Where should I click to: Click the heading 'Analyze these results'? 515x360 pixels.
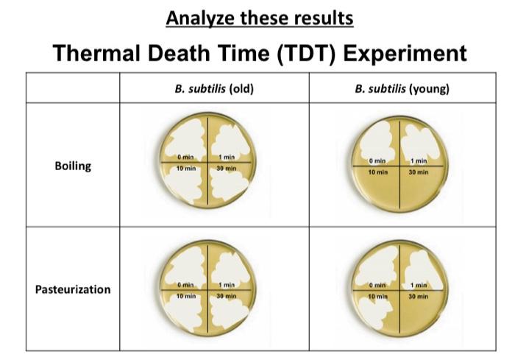tap(259, 18)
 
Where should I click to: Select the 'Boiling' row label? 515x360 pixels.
tap(73, 166)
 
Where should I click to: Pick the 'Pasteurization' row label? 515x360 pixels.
tap(73, 289)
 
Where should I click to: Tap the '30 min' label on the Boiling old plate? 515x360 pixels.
tap(227, 168)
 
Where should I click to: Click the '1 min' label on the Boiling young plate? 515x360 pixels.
tap(419, 160)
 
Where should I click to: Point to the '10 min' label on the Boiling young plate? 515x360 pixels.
tap(379, 172)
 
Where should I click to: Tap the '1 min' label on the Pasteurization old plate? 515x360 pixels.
tap(227, 285)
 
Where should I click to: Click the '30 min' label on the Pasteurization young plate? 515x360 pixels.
tap(419, 296)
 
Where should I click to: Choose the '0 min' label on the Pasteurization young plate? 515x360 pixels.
tap(377, 285)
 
